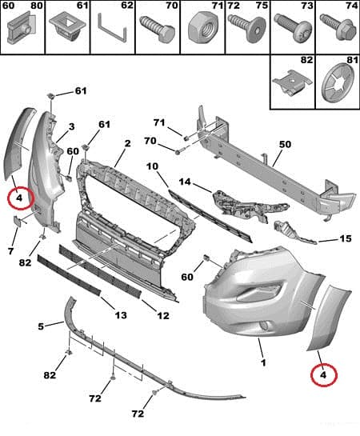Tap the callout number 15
345,238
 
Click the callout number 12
162,316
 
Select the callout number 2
126,144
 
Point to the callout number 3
71,126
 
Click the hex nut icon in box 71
199,30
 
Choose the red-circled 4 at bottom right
323,373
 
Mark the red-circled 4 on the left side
18,197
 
